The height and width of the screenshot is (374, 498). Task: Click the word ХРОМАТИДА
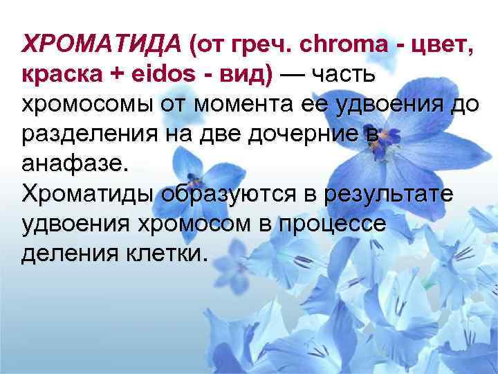coord(100,46)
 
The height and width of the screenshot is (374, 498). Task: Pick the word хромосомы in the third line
coord(89,106)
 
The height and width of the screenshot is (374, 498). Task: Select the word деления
coord(66,255)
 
